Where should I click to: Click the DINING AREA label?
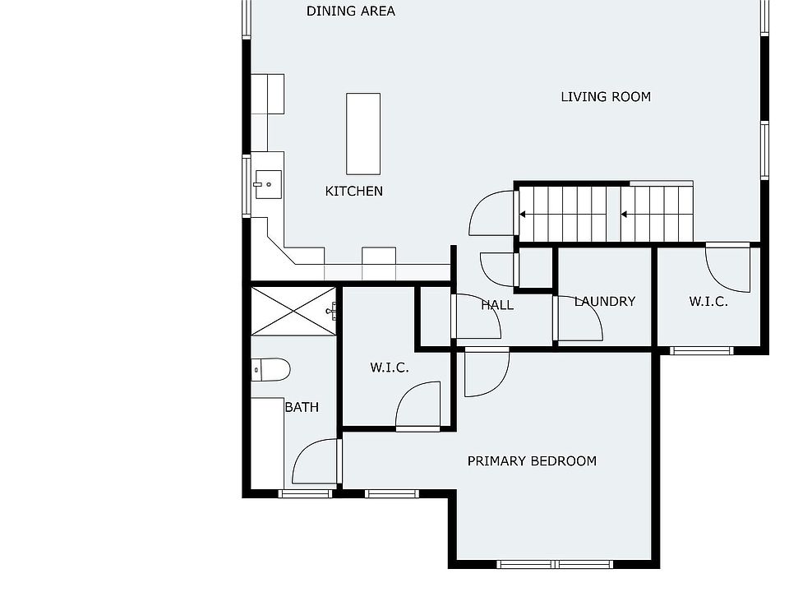351,11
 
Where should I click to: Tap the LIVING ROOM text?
606,97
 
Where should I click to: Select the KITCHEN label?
353,192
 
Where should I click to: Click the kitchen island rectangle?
363,134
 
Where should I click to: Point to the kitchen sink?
268,185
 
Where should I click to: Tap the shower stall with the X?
293,311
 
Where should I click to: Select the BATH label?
302,407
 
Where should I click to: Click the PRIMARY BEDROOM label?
532,461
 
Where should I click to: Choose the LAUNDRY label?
605,302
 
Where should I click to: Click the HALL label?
498,305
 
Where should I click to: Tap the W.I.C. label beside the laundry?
708,302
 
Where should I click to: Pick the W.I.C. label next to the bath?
390,368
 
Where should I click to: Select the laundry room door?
578,318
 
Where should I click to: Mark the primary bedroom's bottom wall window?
555,564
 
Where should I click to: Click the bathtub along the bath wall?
267,443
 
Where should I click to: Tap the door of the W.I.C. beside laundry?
727,268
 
